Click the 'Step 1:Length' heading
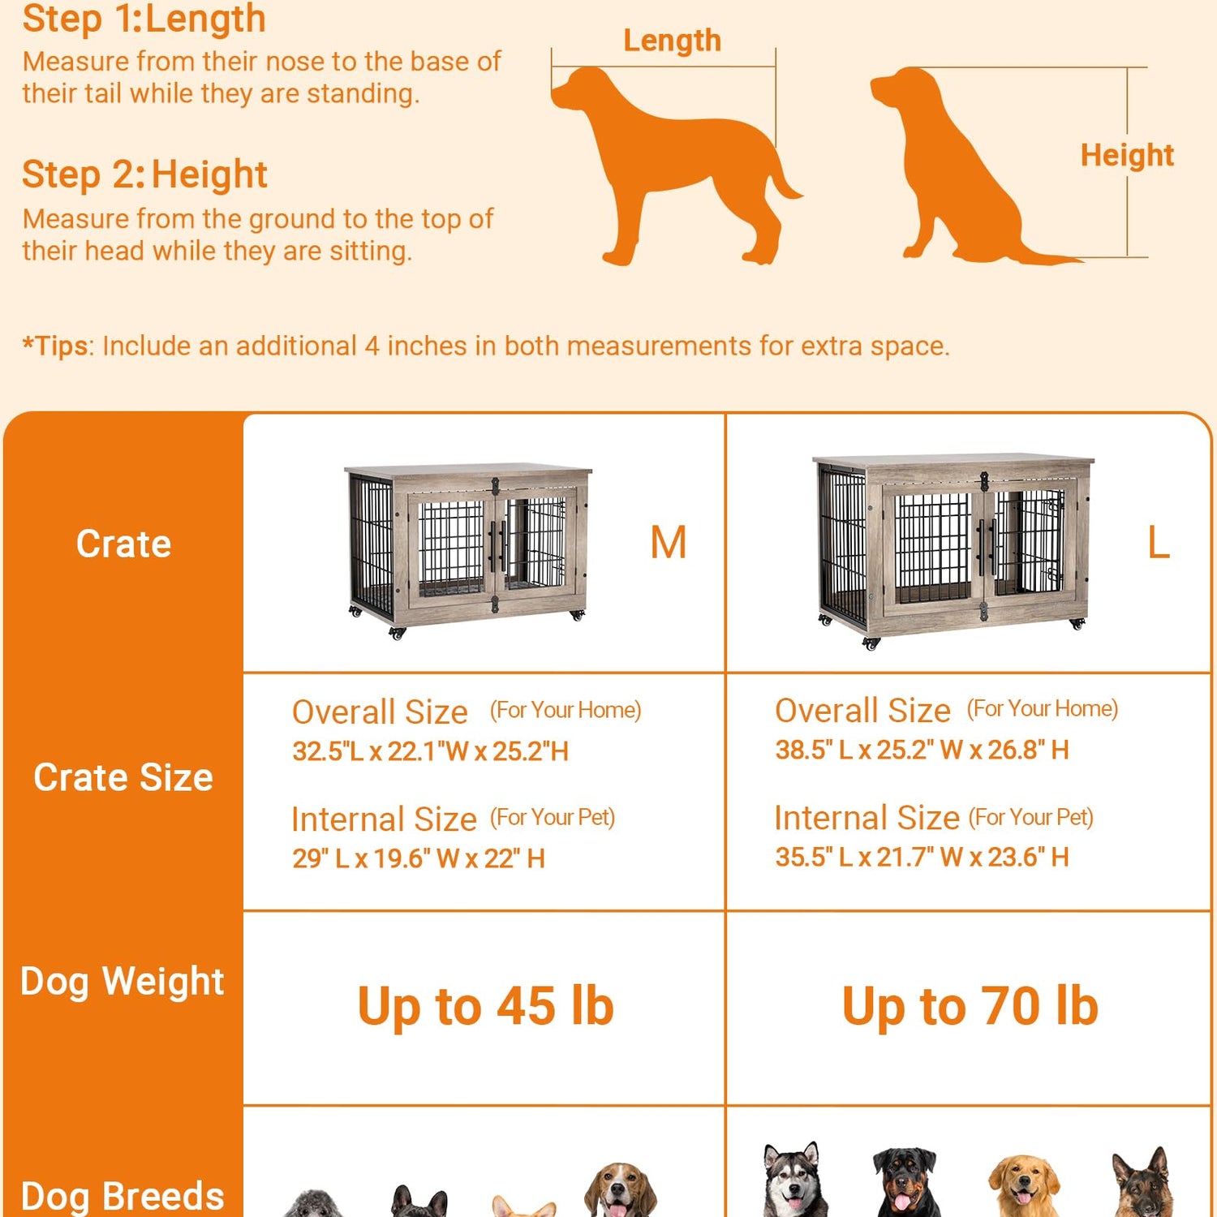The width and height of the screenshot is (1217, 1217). pos(144,19)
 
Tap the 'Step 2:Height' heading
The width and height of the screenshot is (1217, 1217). pos(144,174)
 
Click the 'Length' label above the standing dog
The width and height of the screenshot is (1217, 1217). pos(672,41)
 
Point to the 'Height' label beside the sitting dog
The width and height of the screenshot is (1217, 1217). pos(1127,155)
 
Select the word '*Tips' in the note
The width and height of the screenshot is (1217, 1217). pos(54,346)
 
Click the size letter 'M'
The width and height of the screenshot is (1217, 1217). pos(668,542)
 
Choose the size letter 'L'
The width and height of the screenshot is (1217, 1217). pos(1159,542)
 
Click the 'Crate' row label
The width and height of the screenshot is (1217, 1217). pos(123,544)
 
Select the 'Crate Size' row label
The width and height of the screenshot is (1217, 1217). pos(123,777)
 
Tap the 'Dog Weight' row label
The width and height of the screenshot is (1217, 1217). pos(123,982)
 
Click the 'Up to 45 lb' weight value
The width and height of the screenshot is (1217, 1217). pos(485,1007)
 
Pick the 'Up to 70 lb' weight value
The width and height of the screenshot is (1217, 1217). pos(970,1006)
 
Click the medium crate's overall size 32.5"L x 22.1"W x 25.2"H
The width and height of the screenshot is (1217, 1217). pos(431,751)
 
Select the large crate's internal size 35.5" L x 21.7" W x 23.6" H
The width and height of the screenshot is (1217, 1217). pos(922,857)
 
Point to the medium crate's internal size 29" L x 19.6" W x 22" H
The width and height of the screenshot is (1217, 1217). pos(419,858)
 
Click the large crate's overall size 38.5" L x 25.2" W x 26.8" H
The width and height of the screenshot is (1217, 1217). pos(922,750)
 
